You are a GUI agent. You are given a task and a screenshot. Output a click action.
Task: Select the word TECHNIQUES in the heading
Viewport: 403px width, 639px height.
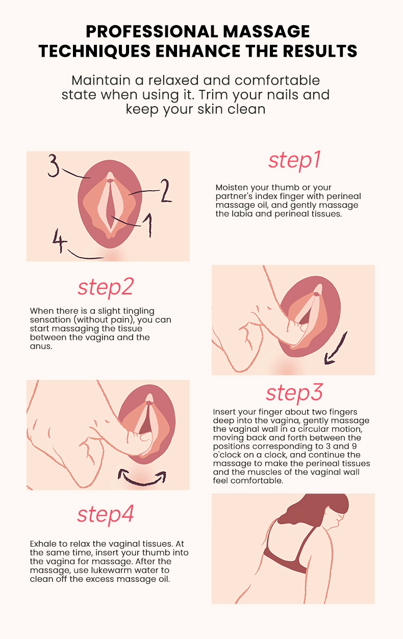click(95, 51)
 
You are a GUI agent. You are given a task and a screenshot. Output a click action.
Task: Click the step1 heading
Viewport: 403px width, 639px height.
click(295, 161)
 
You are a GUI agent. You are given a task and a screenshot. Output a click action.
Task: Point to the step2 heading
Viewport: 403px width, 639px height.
click(106, 287)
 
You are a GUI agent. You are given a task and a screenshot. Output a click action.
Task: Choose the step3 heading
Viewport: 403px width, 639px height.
click(294, 393)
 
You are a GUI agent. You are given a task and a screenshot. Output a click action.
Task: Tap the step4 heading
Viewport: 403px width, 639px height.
click(106, 515)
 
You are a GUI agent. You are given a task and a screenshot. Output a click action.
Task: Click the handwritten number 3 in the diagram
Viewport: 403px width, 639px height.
click(54, 165)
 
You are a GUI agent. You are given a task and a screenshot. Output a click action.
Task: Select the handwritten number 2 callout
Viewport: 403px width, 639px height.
click(165, 191)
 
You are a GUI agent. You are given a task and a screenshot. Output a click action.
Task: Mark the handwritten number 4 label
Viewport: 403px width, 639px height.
click(59, 240)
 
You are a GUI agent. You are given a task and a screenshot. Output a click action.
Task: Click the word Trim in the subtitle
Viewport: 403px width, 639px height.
click(211, 95)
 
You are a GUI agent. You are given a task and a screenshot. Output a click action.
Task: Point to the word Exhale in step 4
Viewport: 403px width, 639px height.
click(43, 544)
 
